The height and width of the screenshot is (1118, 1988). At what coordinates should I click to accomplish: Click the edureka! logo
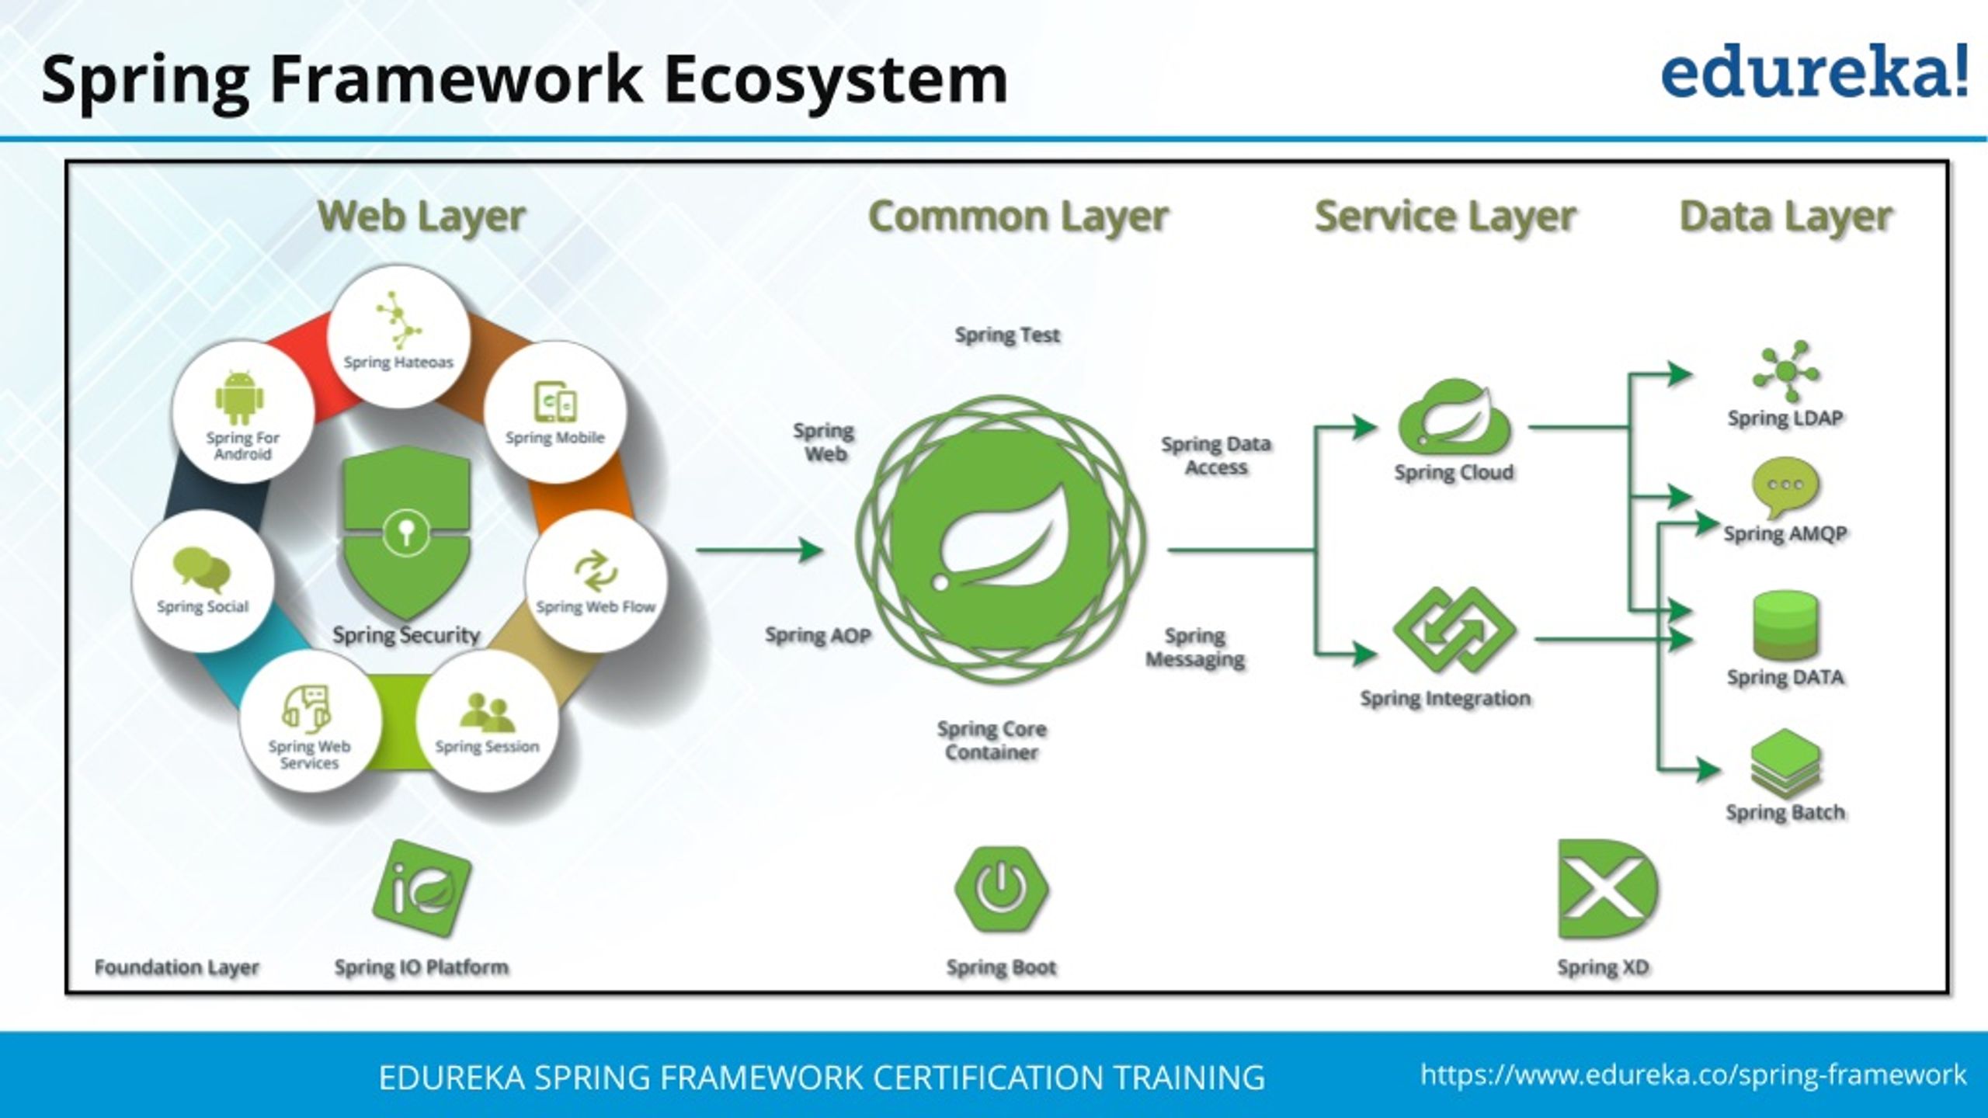tap(1814, 71)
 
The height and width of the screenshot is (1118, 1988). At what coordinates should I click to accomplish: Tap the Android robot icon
tap(240, 398)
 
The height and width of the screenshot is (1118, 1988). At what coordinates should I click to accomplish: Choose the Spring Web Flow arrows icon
tap(595, 571)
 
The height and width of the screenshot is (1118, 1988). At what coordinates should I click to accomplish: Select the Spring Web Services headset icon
tap(307, 708)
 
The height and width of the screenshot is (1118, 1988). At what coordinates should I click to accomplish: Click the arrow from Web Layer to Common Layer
tap(759, 550)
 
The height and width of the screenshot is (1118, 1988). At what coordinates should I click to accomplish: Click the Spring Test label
tap(1006, 335)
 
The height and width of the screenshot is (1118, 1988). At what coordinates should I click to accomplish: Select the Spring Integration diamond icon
tap(1454, 630)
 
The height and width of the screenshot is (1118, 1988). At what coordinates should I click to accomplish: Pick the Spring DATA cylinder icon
tap(1785, 625)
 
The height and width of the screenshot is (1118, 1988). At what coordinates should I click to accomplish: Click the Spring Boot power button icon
tap(1001, 889)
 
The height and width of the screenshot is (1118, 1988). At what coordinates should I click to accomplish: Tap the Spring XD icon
tap(1606, 890)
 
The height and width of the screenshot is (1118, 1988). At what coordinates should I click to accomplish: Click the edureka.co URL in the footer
tap(1693, 1075)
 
